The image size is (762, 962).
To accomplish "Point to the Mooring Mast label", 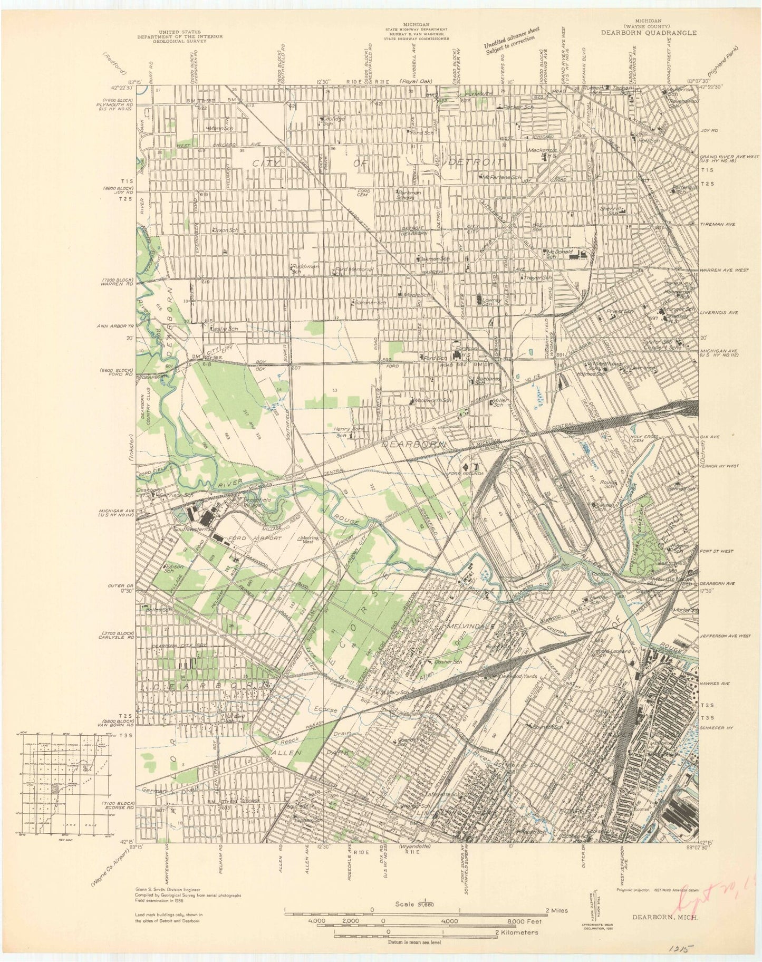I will point(310,541).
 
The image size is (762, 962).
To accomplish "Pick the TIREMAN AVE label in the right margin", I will point(717,224).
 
